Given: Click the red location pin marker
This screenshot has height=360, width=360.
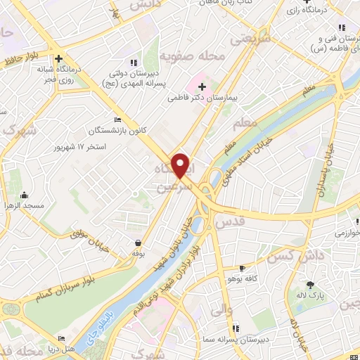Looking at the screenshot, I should point(181,164).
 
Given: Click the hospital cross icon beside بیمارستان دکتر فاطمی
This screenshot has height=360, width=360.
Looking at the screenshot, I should point(202,86).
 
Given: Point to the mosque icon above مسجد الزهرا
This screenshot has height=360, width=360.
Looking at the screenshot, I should point(25,195).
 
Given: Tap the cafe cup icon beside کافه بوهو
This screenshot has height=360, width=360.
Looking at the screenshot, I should point(242,269).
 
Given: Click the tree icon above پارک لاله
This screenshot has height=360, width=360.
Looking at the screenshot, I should point(310,285).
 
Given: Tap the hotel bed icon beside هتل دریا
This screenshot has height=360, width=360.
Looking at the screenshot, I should point(60,339).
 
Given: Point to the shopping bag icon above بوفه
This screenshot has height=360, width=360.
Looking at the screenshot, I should point(138,242).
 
